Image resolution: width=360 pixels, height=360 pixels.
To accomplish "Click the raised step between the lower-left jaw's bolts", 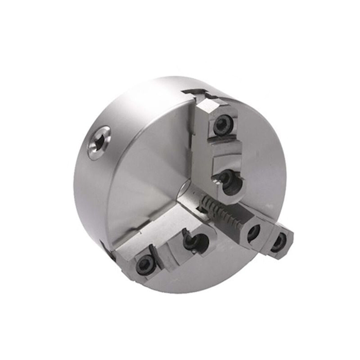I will click(166, 249).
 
